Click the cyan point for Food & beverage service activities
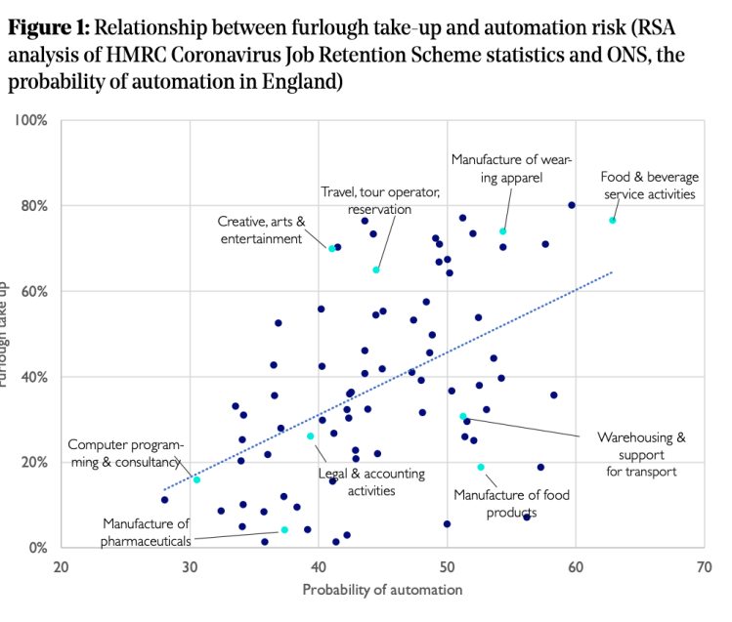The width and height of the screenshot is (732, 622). [x=613, y=221]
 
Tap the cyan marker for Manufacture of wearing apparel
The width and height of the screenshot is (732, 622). [x=503, y=231]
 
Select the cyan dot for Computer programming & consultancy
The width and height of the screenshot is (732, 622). [x=196, y=480]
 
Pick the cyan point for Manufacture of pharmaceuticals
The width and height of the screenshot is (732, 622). [x=284, y=530]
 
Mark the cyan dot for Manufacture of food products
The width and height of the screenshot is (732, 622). [x=481, y=467]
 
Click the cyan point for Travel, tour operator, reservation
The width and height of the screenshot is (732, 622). [x=376, y=270]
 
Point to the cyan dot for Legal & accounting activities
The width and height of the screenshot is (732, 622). [x=311, y=436]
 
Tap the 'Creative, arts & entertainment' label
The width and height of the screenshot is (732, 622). [x=261, y=230]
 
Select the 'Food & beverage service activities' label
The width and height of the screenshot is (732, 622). [x=649, y=186]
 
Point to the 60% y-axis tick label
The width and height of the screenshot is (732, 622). [x=34, y=291]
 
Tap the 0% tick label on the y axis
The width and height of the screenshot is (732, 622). [x=38, y=548]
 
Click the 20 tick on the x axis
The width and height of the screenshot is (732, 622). [x=62, y=567]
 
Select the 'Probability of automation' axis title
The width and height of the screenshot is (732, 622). [x=382, y=590]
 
